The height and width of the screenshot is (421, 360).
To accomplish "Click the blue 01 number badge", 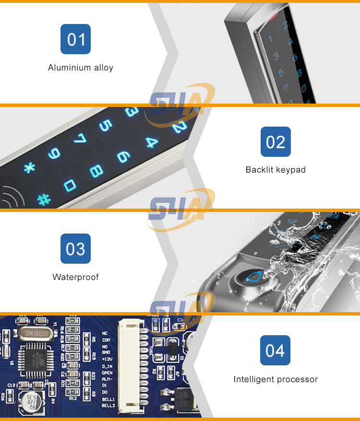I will (x=76, y=39).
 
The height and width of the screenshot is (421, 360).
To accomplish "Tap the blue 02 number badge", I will (x=276, y=141).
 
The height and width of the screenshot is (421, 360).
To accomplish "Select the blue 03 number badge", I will (x=75, y=248).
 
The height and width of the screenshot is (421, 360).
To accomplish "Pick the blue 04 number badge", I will (x=275, y=350).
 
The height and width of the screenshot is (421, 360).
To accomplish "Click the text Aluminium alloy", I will (x=81, y=68).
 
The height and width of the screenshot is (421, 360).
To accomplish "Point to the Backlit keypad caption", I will (x=276, y=170).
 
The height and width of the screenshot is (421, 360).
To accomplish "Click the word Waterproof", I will (x=76, y=277).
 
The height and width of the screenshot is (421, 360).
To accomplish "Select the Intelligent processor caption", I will (x=276, y=379).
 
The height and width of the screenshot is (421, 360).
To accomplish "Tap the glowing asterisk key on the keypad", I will (x=30, y=168).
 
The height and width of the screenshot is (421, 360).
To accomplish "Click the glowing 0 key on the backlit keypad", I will (x=70, y=185).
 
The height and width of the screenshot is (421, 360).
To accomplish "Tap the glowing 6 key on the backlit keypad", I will (x=123, y=157).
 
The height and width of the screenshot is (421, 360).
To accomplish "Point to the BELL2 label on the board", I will (x=108, y=406).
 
